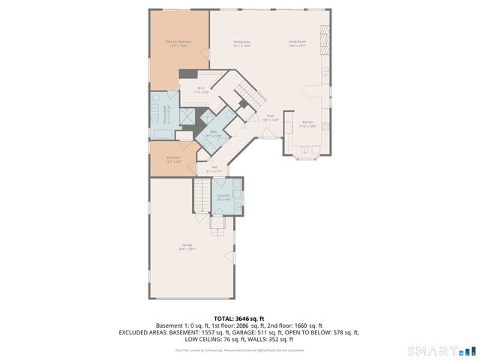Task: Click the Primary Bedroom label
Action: (x=178, y=43)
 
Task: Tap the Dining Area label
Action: (x=241, y=43)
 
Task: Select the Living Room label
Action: (x=297, y=43)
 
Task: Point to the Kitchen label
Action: (x=308, y=124)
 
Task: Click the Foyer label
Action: (x=271, y=117)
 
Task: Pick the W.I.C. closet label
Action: (x=201, y=90)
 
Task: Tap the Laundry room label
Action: (x=223, y=196)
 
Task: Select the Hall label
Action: (x=214, y=168)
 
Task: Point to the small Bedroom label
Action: (x=172, y=158)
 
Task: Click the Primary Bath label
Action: (x=166, y=115)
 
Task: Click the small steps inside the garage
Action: (x=218, y=222)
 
